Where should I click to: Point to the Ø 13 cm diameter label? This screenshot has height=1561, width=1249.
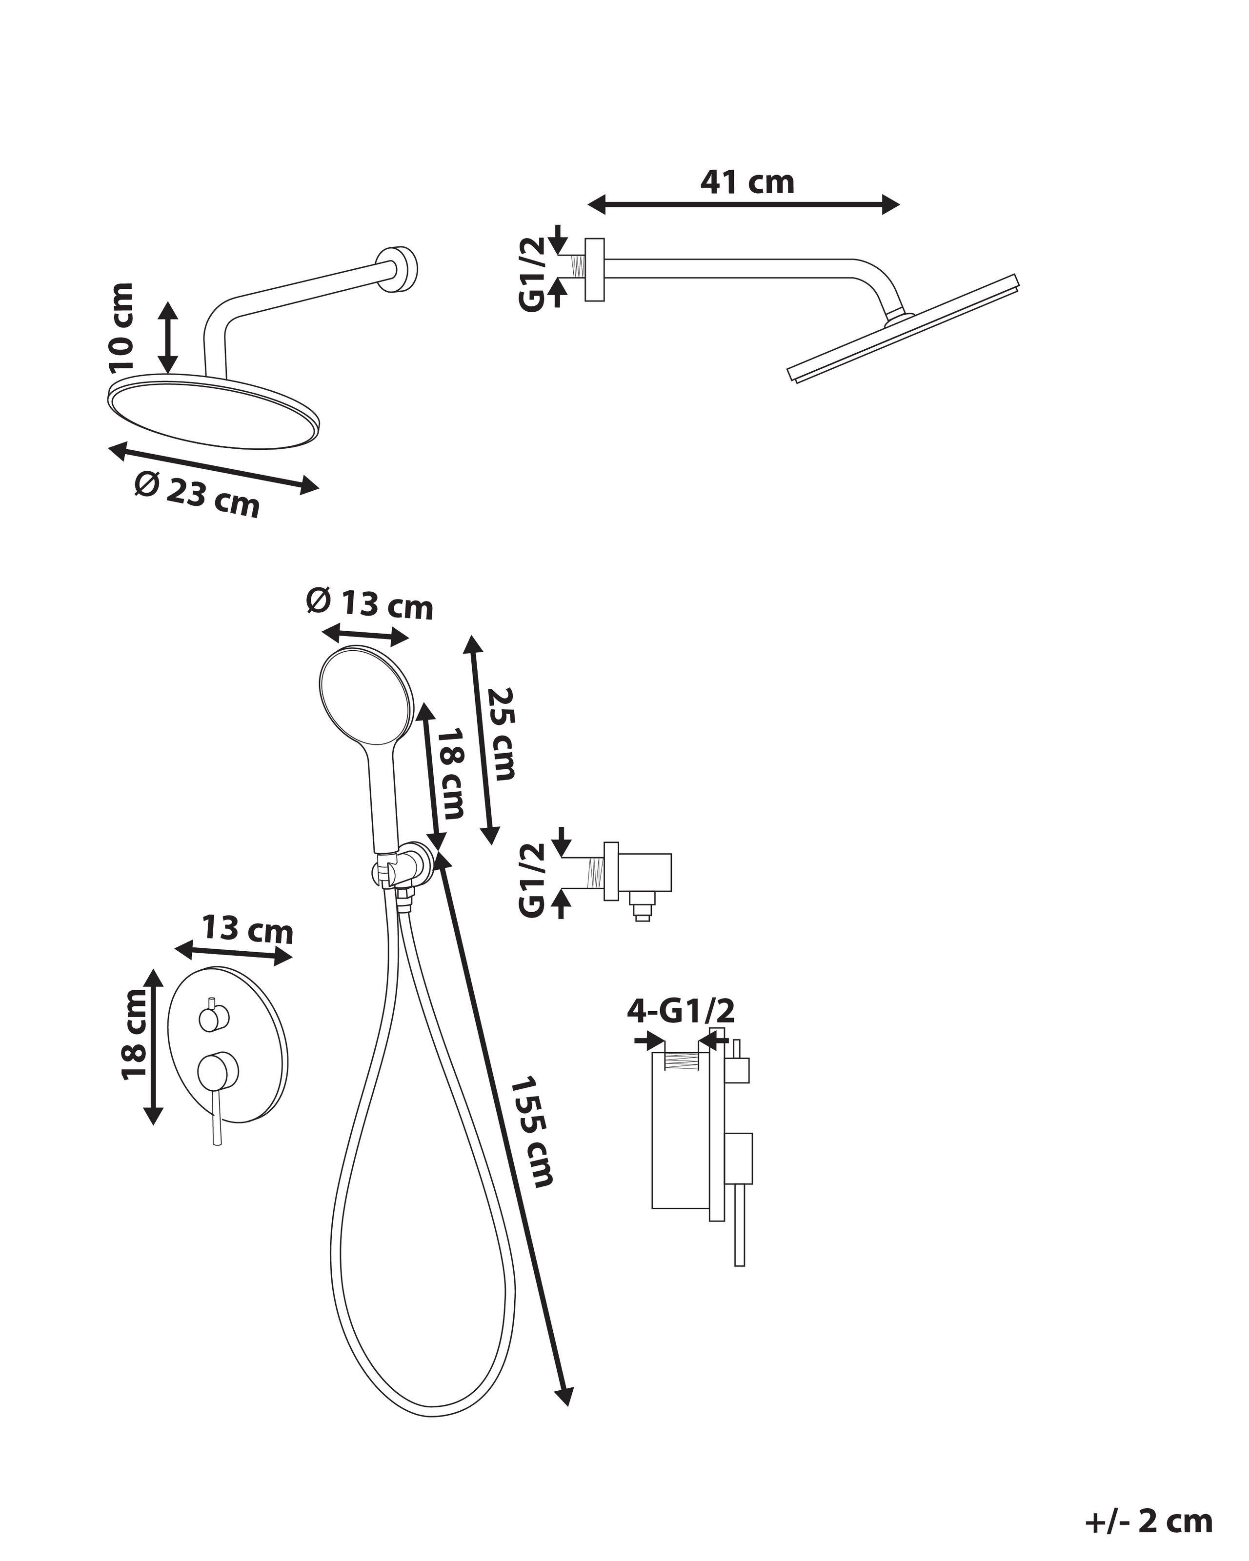coord(370,604)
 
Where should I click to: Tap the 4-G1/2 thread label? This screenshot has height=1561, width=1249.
coord(681,1011)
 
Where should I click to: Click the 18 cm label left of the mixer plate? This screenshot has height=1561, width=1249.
coord(134,1034)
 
